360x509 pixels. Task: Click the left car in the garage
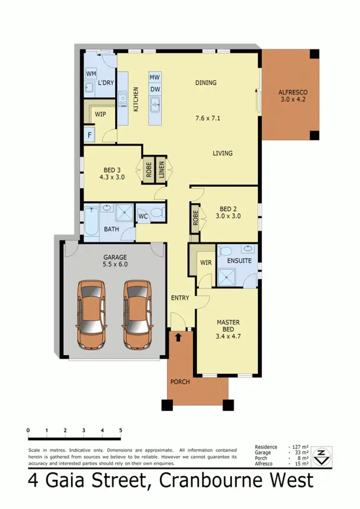click(92, 315)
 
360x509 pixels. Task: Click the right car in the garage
click(137, 315)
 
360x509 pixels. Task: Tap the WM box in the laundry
click(91, 73)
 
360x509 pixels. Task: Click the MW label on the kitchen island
click(155, 78)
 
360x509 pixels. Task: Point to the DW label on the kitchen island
click(155, 89)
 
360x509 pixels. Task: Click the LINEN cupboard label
click(161, 170)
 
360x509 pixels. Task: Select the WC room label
click(143, 217)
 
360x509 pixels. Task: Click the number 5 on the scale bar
click(120, 430)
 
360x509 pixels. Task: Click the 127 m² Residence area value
click(298, 447)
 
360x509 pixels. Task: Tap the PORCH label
click(180, 382)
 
